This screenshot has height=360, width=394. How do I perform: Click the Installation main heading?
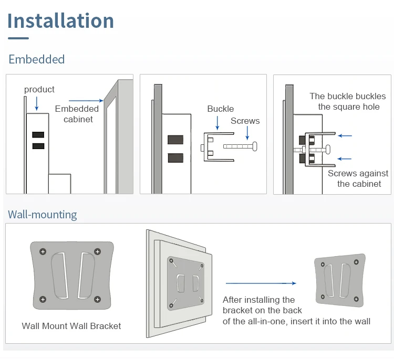click(x=60, y=21)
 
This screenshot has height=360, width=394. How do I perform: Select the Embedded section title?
click(x=36, y=59)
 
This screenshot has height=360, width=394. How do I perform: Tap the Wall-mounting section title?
click(x=42, y=215)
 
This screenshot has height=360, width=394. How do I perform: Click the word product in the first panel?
click(x=39, y=90)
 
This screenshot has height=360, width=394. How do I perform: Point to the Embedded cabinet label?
click(x=77, y=114)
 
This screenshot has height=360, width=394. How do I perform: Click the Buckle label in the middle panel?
click(x=220, y=109)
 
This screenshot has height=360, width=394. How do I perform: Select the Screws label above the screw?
click(x=245, y=121)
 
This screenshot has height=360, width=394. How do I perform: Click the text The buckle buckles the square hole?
click(x=348, y=101)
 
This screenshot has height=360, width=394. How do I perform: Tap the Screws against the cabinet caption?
click(x=358, y=178)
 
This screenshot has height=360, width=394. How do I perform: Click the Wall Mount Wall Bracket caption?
click(x=71, y=326)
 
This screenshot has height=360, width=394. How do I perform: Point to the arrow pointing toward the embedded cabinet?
click(x=86, y=100)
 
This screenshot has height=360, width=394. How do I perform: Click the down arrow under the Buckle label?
click(x=217, y=123)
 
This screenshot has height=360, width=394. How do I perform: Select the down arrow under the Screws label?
click(x=247, y=134)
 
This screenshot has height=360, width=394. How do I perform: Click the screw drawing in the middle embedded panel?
click(x=240, y=146)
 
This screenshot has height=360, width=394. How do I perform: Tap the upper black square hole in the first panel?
click(x=38, y=134)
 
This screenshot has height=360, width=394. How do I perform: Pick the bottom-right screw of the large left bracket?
click(x=97, y=299)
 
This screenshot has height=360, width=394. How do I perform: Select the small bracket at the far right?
click(x=340, y=280)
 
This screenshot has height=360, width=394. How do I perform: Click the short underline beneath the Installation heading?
click(x=18, y=38)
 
